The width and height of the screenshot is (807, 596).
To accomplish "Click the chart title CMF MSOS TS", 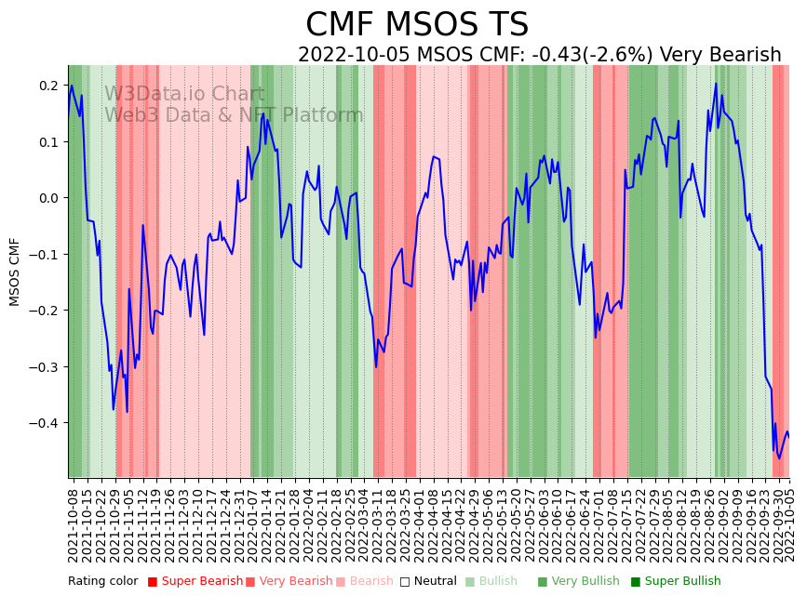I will pyautogui.click(x=417, y=25).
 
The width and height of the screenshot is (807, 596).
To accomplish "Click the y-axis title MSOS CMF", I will pyautogui.click(x=15, y=272).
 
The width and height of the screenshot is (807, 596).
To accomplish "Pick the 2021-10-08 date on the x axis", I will pyautogui.click(x=74, y=521).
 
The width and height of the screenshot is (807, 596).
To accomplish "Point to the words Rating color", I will pyautogui.click(x=102, y=582).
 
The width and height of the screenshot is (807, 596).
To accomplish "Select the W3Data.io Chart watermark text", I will pyautogui.click(x=184, y=94).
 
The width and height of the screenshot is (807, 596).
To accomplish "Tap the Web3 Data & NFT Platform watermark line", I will pyautogui.click(x=234, y=115).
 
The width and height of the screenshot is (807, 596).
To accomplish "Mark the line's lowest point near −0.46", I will pyautogui.click(x=780, y=458).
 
